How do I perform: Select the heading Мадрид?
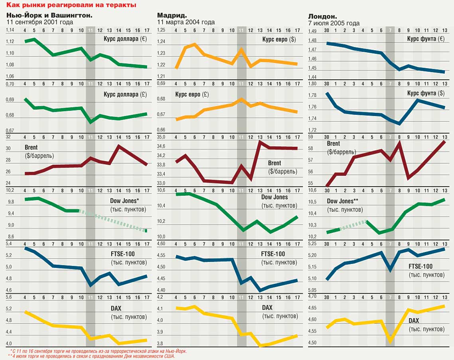[x=172, y=16]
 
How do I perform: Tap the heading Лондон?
[x=322, y=16]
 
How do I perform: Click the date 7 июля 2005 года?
[x=334, y=23]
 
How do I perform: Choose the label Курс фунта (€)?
[x=426, y=39]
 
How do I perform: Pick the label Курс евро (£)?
[x=192, y=94]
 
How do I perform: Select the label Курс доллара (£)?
[x=125, y=94]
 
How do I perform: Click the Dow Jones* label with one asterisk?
[x=128, y=201]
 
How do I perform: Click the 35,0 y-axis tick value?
[x=161, y=137]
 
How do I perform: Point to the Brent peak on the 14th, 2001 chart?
[x=119, y=146]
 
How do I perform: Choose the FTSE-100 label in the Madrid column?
[x=273, y=254]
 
